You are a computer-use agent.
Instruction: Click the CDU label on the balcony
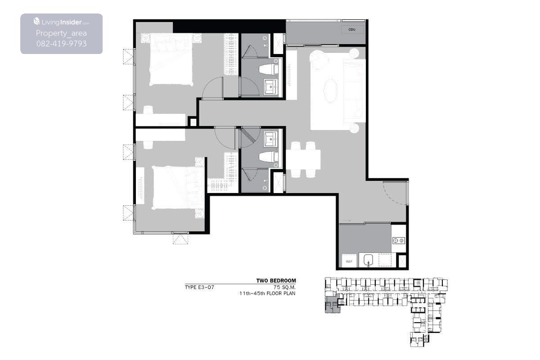click(x=352, y=29)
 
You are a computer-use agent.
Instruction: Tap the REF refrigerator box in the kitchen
click(x=349, y=261)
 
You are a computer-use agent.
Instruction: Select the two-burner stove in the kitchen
click(x=399, y=240)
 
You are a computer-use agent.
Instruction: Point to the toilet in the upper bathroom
click(x=268, y=69)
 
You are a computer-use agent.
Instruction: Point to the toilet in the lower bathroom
click(x=268, y=157)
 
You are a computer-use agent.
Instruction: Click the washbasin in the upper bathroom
click(x=271, y=86)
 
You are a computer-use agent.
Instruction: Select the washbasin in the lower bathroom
click(x=271, y=139)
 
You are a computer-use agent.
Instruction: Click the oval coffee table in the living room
click(x=330, y=90)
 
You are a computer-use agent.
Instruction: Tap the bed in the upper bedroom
click(x=171, y=59)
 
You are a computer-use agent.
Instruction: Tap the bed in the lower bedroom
click(x=178, y=188)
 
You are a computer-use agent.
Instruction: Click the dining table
click(x=303, y=159)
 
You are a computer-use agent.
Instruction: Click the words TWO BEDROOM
click(x=276, y=281)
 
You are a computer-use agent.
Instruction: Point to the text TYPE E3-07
click(x=199, y=287)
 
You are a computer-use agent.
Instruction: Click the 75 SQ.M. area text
click(x=284, y=287)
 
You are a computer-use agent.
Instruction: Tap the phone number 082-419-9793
click(x=62, y=44)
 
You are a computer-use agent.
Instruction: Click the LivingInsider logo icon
click(x=36, y=21)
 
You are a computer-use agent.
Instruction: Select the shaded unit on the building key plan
click(x=333, y=305)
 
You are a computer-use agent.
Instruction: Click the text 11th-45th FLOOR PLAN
click(x=267, y=293)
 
